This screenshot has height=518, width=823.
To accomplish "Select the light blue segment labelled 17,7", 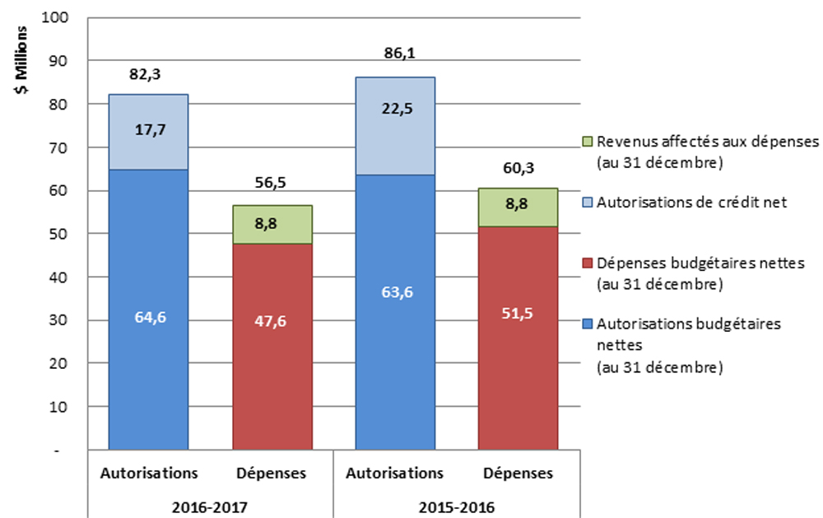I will (149, 132).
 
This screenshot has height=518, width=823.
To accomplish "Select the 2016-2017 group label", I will (210, 503).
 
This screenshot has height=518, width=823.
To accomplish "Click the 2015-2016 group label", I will (455, 503).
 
